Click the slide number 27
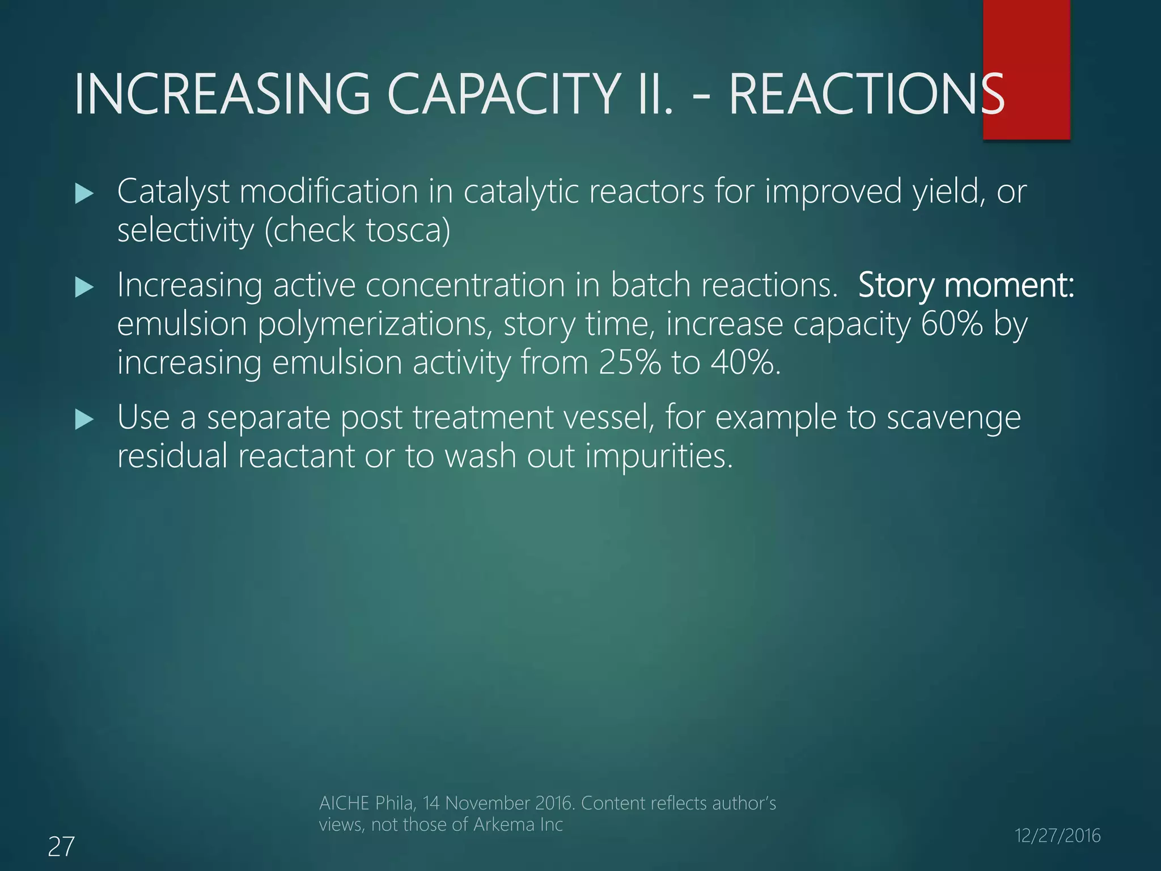pyautogui.click(x=61, y=847)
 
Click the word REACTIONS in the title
pyautogui.click(x=866, y=95)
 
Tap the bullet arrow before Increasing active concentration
pyautogui.click(x=84, y=288)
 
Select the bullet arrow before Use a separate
pyautogui.click(x=84, y=420)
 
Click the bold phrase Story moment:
pyautogui.click(x=965, y=285)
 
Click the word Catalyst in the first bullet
pyautogui.click(x=173, y=192)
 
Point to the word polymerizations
pyautogui.click(x=375, y=325)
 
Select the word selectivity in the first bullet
pyautogui.click(x=185, y=230)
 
